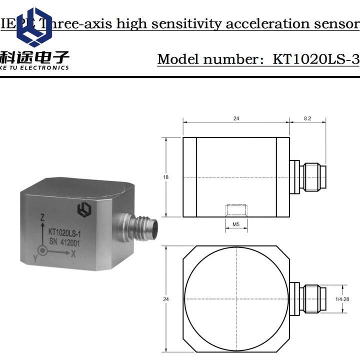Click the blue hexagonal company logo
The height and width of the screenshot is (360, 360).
click(34, 29)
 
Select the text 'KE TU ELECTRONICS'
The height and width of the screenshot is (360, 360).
click(34, 67)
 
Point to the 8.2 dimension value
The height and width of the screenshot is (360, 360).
click(307, 118)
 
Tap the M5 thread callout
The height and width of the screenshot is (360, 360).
click(235, 225)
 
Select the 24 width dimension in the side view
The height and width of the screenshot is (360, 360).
click(236, 118)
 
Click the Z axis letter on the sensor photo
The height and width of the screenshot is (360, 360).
click(43, 217)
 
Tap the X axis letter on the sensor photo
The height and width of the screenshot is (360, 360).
click(73, 254)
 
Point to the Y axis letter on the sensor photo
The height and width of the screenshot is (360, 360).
click(34, 258)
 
